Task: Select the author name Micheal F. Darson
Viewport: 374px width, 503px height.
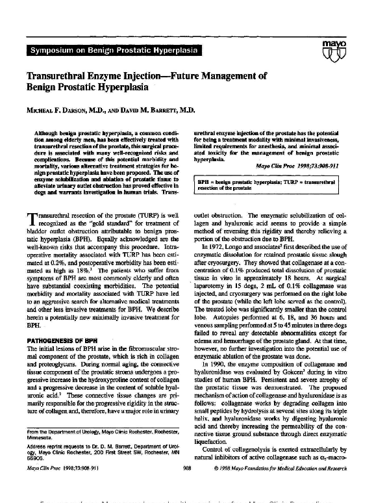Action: [60, 111]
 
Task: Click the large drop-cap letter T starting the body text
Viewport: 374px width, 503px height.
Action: [31, 222]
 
